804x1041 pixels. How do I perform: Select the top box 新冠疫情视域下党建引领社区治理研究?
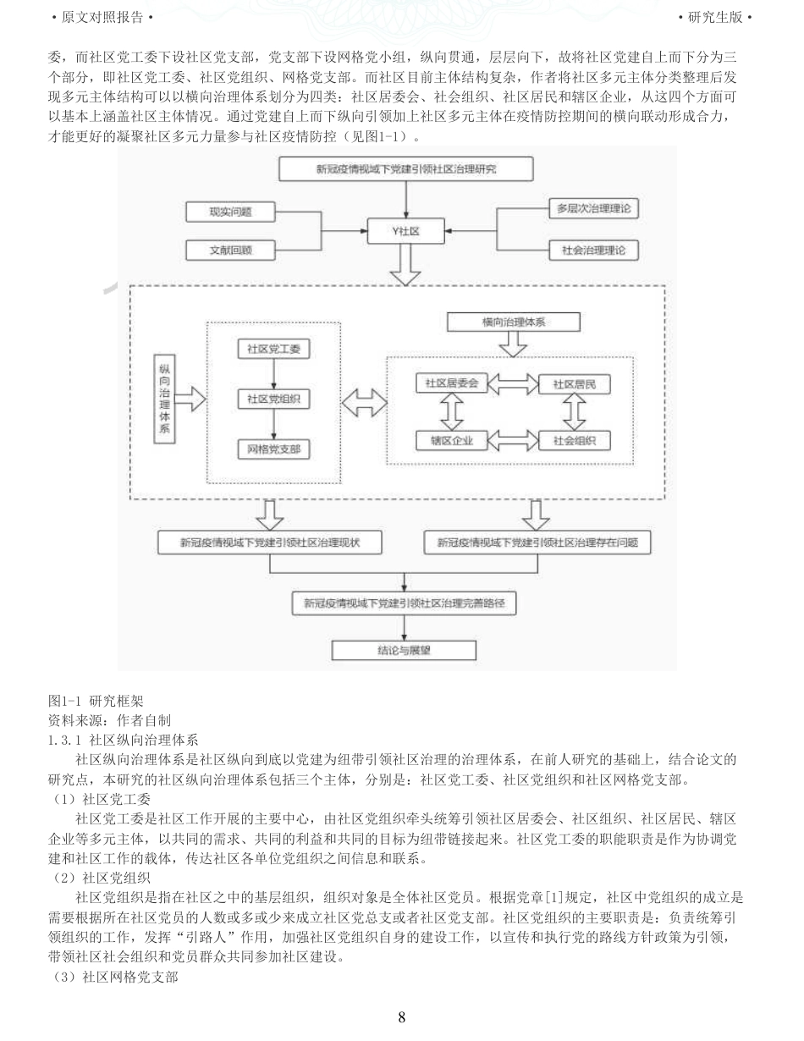click(406, 168)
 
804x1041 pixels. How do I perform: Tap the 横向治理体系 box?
click(514, 322)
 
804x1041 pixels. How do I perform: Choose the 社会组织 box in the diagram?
click(575, 440)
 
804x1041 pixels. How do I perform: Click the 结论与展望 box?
click(404, 650)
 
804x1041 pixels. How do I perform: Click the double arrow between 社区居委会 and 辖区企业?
click(452, 411)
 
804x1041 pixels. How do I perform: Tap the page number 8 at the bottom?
click(402, 1017)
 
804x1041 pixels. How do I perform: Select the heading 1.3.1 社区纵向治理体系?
click(123, 739)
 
